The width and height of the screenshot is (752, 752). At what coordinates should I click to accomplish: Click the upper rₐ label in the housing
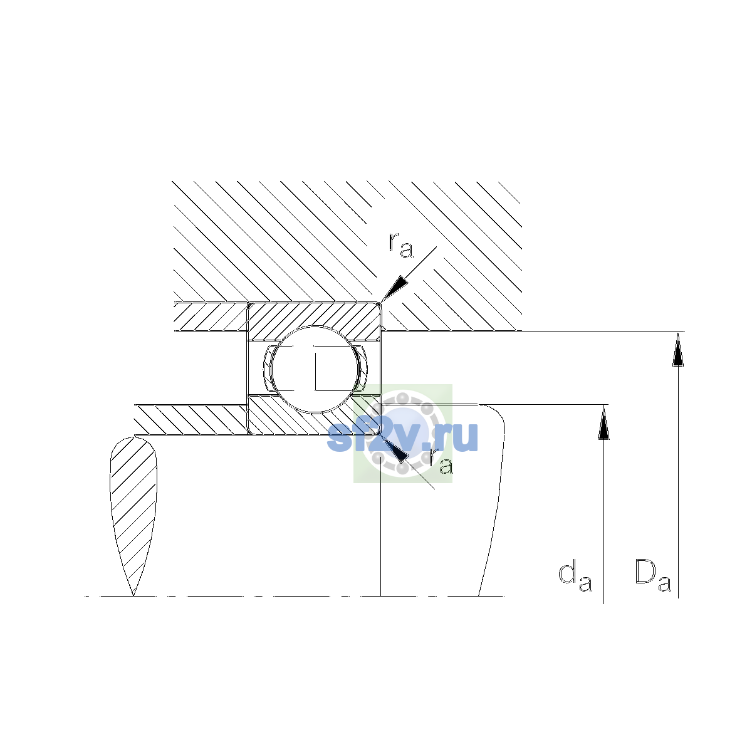point(400,246)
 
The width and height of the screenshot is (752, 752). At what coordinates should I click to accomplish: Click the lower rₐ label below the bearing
point(441,461)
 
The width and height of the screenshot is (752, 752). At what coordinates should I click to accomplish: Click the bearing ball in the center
point(315,370)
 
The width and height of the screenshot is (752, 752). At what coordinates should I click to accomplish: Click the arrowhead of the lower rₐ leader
point(395,449)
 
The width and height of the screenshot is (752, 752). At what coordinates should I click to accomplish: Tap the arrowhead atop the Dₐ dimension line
point(678,349)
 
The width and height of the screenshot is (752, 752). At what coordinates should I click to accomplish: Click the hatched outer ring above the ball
point(315,315)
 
